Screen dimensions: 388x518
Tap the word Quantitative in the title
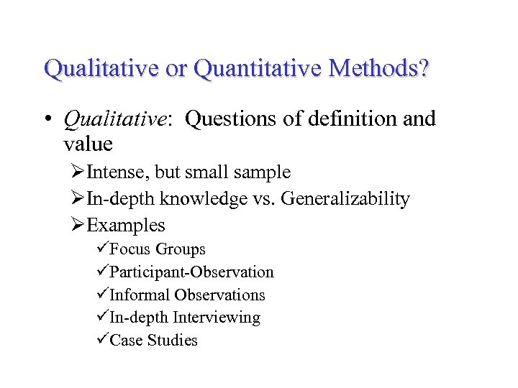click(254, 70)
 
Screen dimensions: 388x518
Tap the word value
click(88, 144)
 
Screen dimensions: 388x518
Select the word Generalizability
click(345, 199)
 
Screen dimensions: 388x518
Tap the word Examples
click(126, 225)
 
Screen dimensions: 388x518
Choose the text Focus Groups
click(158, 249)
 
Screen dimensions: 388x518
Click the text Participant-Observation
click(191, 272)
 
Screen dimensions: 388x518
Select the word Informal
click(140, 295)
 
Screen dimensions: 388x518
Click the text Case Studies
click(153, 340)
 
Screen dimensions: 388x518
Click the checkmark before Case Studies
click(102, 340)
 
